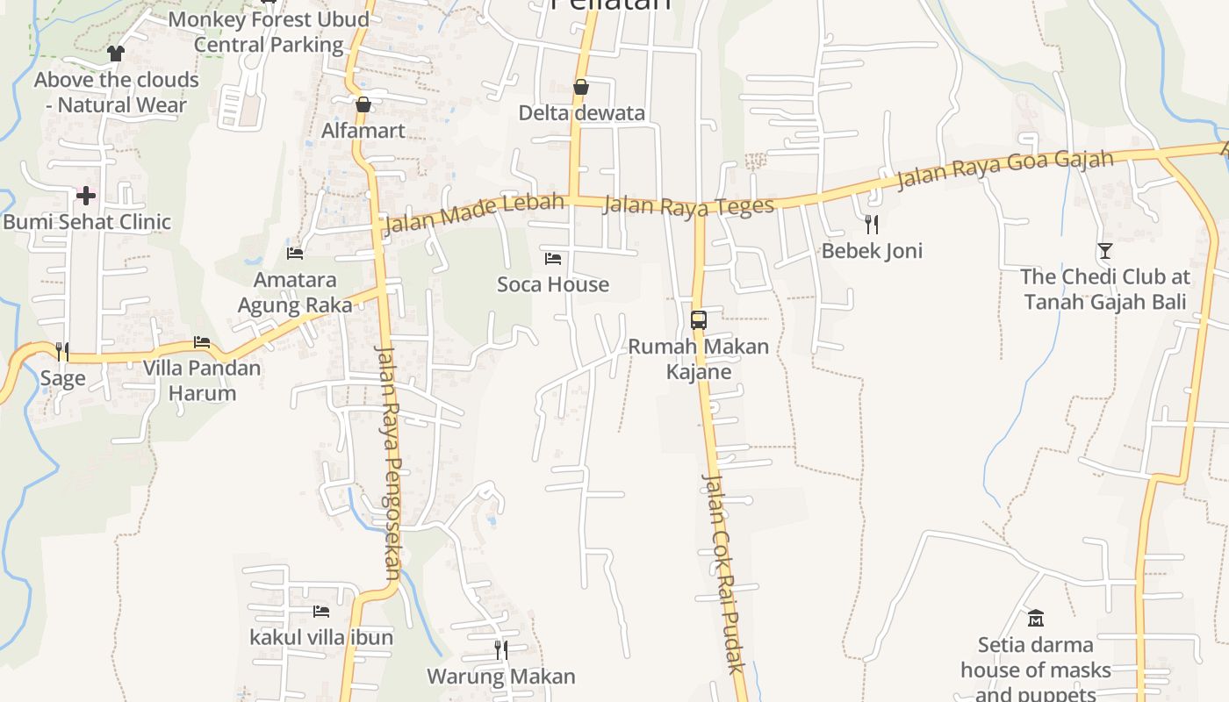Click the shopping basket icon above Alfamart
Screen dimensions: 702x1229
[363, 104]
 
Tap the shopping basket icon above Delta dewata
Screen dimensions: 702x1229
[580, 87]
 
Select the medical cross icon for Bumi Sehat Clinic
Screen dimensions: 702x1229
[86, 195]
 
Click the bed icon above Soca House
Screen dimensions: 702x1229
[552, 258]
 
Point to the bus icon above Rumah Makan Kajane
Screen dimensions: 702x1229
[699, 320]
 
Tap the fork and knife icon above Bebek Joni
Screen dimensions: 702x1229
[871, 225]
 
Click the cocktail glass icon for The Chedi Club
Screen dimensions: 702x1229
[1104, 251]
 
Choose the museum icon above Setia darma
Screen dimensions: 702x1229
[1036, 619]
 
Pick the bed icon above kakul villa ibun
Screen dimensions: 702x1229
[320, 611]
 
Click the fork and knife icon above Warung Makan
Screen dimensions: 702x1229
[500, 650]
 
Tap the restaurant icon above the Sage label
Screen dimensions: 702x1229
[62, 352]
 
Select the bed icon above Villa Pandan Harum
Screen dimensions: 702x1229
[202, 341]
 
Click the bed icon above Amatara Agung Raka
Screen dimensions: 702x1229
[295, 254]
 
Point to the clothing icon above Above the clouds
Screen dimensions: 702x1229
[115, 54]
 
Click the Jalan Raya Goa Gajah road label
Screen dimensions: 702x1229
[1004, 170]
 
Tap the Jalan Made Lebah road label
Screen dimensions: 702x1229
[474, 214]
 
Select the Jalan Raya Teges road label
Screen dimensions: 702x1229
[689, 205]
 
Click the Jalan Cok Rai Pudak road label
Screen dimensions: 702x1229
[724, 575]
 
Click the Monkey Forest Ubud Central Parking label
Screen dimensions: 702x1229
[269, 32]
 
